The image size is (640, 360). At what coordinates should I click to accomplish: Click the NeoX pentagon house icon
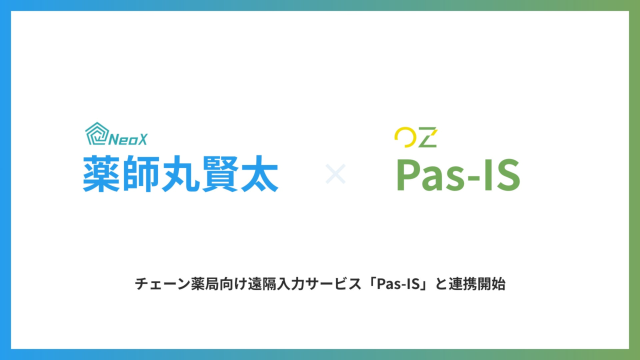pos(97,133)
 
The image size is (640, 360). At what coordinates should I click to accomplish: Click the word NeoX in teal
pos(128,139)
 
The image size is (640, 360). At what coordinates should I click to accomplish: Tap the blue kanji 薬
pos(101,173)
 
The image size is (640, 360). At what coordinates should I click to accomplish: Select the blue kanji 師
pos(140,173)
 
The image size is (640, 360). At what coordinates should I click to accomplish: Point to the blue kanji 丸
pos(180,173)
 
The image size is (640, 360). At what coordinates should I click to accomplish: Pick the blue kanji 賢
pos(220,173)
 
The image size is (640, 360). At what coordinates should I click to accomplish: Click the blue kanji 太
pos(259,173)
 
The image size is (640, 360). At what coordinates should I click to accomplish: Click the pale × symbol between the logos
pos(335,173)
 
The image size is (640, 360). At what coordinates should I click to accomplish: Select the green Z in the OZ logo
pos(428,137)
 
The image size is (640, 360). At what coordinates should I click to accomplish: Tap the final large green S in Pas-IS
pos(508,175)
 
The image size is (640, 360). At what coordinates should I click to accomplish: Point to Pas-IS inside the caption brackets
pos(398,284)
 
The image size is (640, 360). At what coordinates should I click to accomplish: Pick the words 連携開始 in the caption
pos(477,284)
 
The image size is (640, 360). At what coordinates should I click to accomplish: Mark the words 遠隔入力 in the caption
pos(275,284)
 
